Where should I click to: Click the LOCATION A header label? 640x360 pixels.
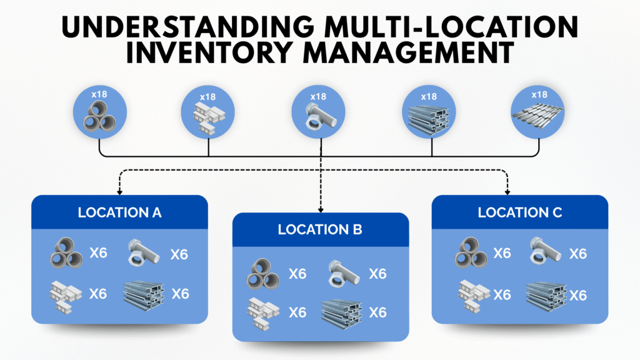click(119, 212)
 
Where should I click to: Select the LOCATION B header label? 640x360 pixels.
click(320, 230)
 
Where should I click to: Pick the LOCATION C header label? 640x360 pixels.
click(520, 212)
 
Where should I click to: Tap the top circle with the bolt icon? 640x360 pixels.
click(320, 113)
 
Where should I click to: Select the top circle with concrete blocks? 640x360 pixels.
click(209, 113)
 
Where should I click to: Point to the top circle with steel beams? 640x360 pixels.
click(429, 113)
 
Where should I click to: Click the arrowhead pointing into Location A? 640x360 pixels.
click(119, 191)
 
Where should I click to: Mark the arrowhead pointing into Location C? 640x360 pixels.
click(507, 191)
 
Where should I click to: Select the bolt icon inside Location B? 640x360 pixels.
click(341, 273)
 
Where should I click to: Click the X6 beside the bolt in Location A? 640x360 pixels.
click(179, 254)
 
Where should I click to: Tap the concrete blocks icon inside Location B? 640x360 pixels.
click(262, 312)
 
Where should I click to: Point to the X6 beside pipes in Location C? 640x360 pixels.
click(502, 253)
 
